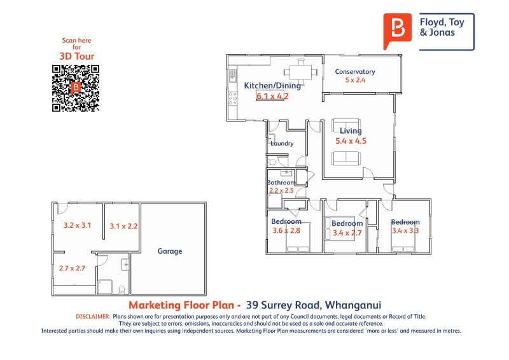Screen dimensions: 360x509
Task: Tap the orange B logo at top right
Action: tap(398, 30)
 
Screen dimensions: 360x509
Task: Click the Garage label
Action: tap(170, 251)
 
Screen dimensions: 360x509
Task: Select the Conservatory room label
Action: tap(355, 72)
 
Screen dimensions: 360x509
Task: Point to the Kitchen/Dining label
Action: tap(267, 86)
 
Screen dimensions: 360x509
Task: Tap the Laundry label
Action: tap(282, 144)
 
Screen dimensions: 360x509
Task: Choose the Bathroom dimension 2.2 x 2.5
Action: tap(281, 190)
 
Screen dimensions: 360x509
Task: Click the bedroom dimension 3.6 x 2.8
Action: tap(285, 231)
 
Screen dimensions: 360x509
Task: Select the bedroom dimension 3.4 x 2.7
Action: tap(347, 233)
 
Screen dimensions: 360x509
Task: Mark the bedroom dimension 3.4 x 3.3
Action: tap(405, 231)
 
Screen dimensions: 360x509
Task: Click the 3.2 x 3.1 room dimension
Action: tap(77, 225)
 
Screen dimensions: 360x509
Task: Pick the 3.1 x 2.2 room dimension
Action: tap(123, 226)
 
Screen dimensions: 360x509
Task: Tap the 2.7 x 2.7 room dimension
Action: tap(72, 268)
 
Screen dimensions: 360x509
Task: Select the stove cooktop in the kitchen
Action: tap(233, 98)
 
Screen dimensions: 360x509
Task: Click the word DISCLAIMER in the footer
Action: tap(92, 316)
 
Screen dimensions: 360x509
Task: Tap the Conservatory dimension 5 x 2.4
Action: tap(355, 81)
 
